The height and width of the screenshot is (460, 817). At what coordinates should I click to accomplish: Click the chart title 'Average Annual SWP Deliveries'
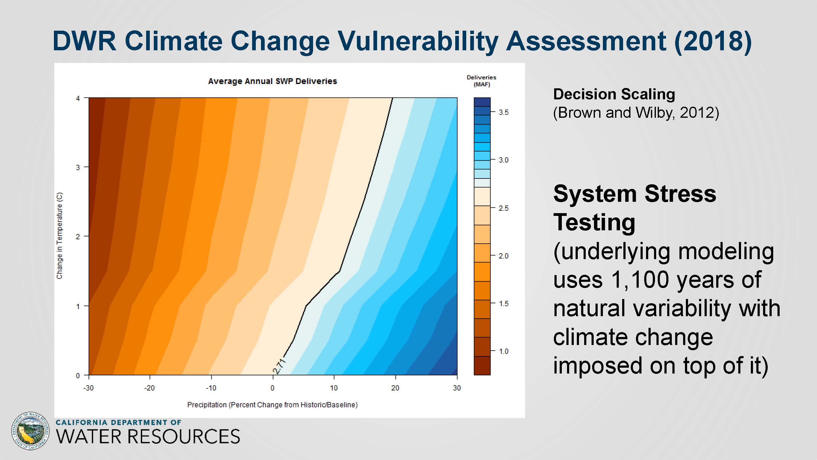click(x=272, y=81)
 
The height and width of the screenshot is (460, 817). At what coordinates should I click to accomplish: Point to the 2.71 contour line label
click(x=279, y=366)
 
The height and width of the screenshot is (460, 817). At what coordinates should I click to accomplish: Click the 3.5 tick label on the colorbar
click(x=503, y=112)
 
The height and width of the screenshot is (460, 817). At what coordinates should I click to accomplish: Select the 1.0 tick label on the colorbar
click(x=503, y=351)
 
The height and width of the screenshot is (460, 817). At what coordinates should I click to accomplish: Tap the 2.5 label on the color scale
click(x=503, y=208)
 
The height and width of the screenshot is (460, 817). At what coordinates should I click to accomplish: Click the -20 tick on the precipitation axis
click(x=149, y=388)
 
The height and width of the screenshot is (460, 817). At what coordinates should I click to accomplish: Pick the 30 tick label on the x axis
click(x=457, y=388)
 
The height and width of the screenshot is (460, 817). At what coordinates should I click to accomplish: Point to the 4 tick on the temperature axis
click(x=78, y=98)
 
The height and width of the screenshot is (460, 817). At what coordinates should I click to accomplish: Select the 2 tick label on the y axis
click(x=78, y=236)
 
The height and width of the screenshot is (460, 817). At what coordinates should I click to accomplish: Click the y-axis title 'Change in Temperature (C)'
click(x=59, y=236)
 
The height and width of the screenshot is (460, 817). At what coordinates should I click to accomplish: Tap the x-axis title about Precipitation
click(x=272, y=405)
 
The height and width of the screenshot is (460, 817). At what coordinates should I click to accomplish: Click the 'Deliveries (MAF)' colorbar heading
click(x=482, y=81)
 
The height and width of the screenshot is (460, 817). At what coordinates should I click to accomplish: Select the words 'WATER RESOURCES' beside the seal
click(x=148, y=436)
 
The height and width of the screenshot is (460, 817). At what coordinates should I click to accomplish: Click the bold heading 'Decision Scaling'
click(x=614, y=94)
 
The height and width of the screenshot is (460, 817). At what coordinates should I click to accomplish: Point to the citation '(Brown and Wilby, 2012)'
click(x=636, y=113)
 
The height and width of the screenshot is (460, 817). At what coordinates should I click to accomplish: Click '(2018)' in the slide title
click(x=713, y=41)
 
